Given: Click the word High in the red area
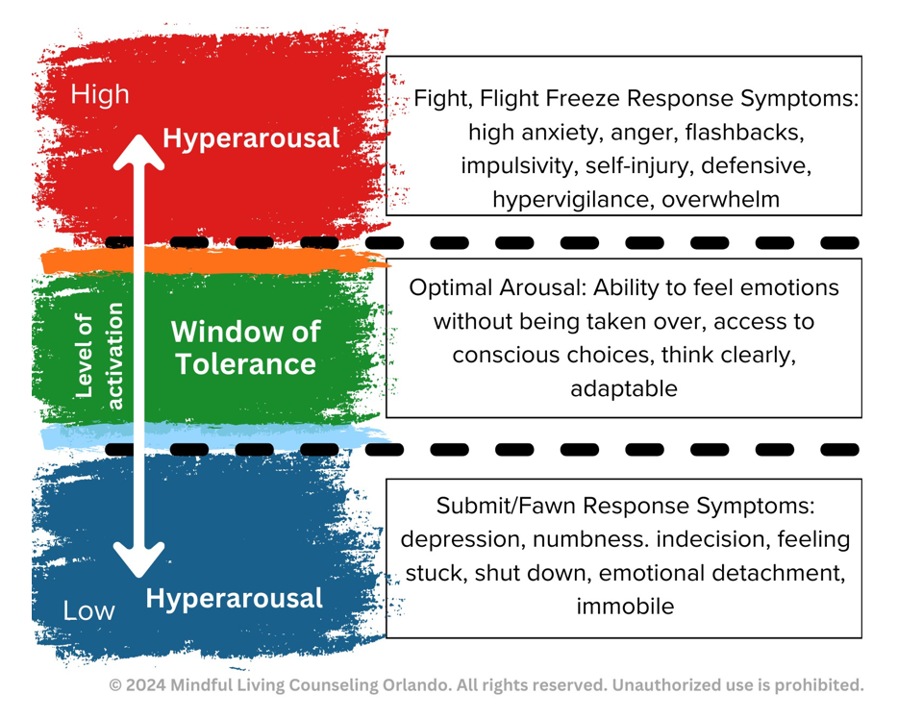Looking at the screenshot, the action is tap(100, 94).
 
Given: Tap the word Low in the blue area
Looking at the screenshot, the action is tap(88, 610).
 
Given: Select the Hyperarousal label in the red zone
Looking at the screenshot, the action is tap(251, 138).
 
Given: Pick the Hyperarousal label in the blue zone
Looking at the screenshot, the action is tap(235, 598).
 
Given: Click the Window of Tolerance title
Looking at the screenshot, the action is tap(246, 347).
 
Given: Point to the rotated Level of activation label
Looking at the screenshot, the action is tap(99, 356).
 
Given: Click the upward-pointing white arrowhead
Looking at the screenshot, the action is tap(138, 152).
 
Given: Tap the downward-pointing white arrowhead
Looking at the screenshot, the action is tap(138, 559).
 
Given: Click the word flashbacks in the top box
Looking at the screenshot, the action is tap(744, 133).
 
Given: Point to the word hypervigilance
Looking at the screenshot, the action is tap(570, 200).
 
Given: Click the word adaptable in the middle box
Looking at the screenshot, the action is tap(624, 389).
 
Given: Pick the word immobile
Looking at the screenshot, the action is tap(625, 607).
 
